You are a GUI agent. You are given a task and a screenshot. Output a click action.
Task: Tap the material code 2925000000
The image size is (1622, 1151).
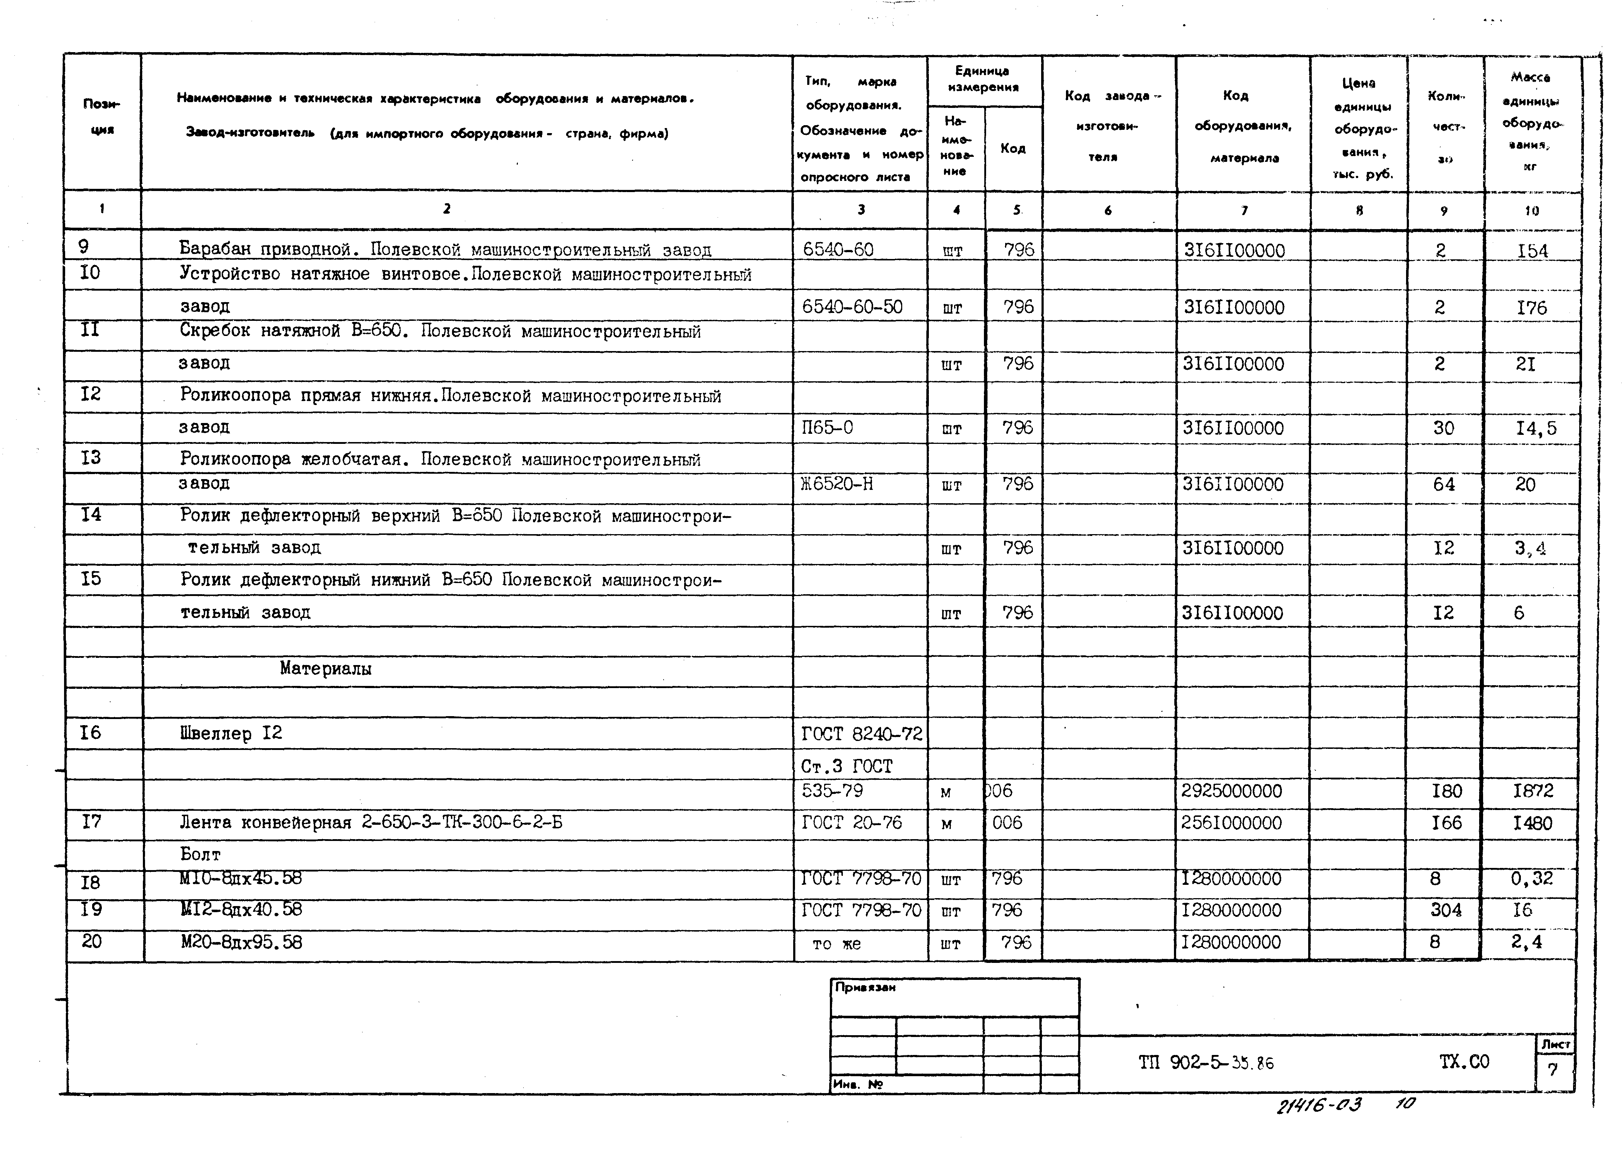pyautogui.click(x=1232, y=791)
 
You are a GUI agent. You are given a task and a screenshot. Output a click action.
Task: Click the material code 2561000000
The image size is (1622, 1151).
pyautogui.click(x=1232, y=823)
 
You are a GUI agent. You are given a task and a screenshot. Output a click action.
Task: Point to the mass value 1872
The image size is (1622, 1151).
pyautogui.click(x=1533, y=791)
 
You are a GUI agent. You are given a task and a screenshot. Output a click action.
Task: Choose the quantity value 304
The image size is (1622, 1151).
pyautogui.click(x=1446, y=910)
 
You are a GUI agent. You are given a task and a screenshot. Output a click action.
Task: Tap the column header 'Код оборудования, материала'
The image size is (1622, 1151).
pyautogui.click(x=1243, y=126)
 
